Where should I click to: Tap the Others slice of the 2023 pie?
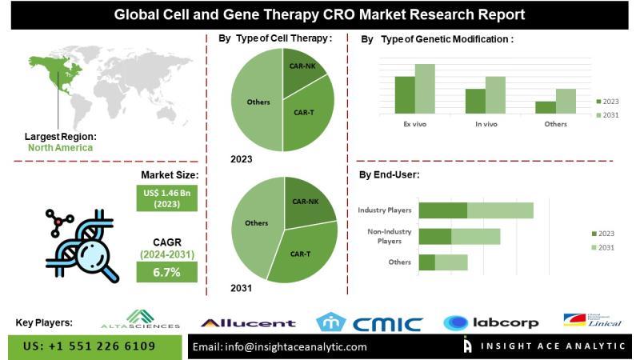258,102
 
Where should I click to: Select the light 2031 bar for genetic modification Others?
566,102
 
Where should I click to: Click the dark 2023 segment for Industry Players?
442,210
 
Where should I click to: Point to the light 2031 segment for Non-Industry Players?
475,236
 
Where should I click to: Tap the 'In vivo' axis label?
486,124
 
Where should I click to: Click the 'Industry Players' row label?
384,210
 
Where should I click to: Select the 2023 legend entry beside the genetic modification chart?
607,102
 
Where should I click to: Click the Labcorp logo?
491,322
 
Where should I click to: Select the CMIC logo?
369,322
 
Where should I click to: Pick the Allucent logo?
247,323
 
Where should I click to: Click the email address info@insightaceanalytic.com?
279,347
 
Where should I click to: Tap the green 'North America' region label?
60,147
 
